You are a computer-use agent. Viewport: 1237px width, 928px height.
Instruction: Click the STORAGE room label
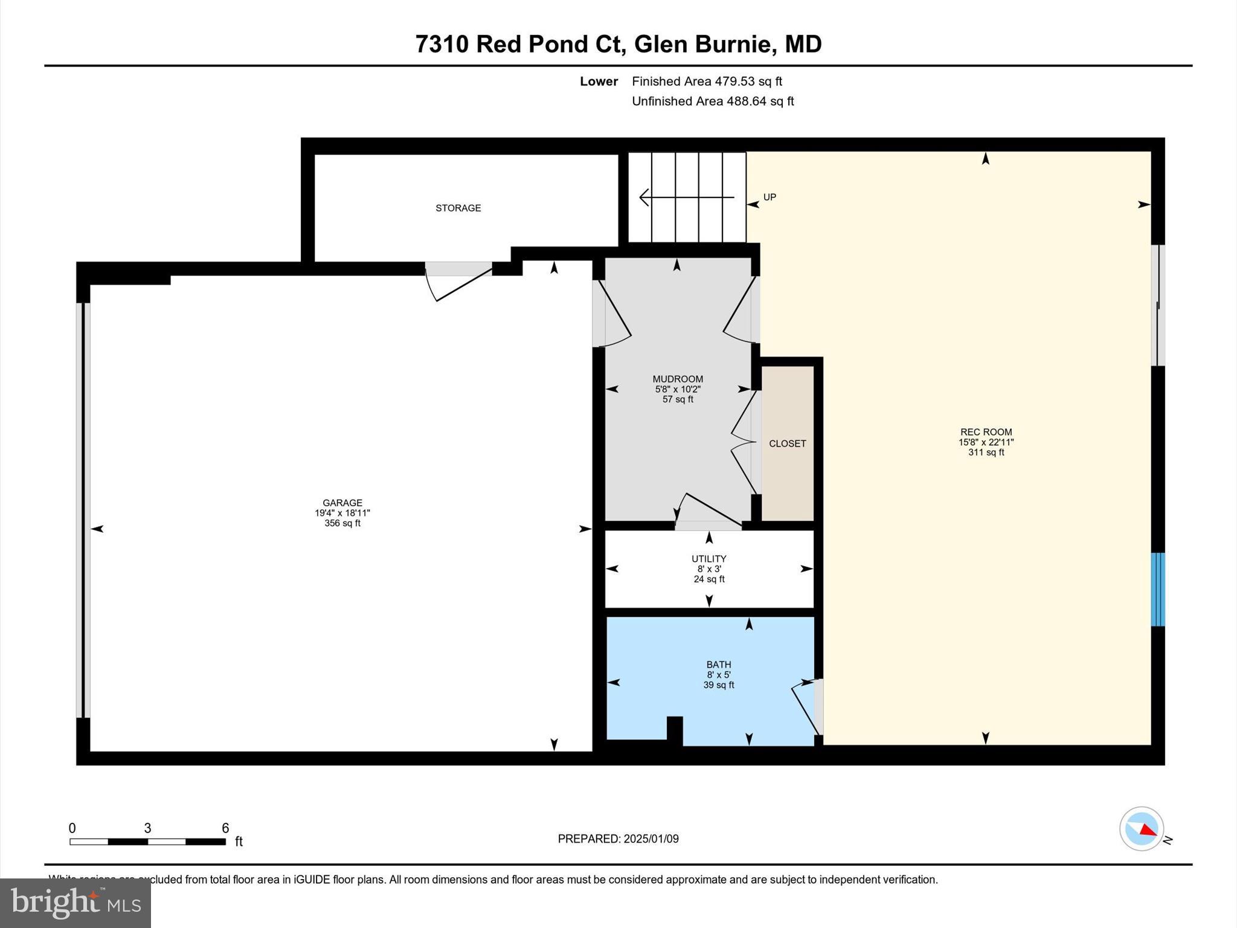click(x=458, y=208)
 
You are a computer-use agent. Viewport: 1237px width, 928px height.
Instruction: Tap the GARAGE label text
click(x=342, y=503)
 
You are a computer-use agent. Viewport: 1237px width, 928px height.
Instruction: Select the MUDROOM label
click(x=678, y=379)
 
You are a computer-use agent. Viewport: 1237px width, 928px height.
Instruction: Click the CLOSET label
click(x=787, y=443)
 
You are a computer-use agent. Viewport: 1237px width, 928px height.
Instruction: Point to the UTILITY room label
click(x=708, y=559)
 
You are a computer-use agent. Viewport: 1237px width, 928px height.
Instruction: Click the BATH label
click(x=718, y=665)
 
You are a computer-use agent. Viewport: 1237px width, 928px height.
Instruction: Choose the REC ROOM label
click(x=986, y=432)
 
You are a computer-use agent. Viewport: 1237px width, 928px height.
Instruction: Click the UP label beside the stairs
click(x=770, y=197)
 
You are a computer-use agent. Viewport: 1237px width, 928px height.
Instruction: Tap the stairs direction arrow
click(x=686, y=197)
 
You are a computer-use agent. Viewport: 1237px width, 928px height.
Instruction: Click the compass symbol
click(x=1142, y=829)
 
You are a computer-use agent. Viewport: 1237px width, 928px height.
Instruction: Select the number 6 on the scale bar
click(x=225, y=828)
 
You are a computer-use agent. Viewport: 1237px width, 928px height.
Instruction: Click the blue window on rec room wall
click(x=1157, y=589)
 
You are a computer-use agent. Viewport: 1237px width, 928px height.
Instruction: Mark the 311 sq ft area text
click(x=986, y=453)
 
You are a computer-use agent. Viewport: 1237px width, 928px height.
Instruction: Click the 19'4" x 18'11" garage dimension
click(x=342, y=513)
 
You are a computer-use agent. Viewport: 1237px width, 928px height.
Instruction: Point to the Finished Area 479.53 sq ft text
click(x=707, y=81)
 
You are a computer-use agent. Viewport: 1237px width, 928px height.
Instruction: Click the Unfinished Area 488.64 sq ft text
click(x=713, y=101)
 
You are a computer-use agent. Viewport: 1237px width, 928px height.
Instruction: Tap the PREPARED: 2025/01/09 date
click(x=618, y=839)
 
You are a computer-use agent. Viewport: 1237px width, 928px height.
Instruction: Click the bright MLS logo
click(x=76, y=903)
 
